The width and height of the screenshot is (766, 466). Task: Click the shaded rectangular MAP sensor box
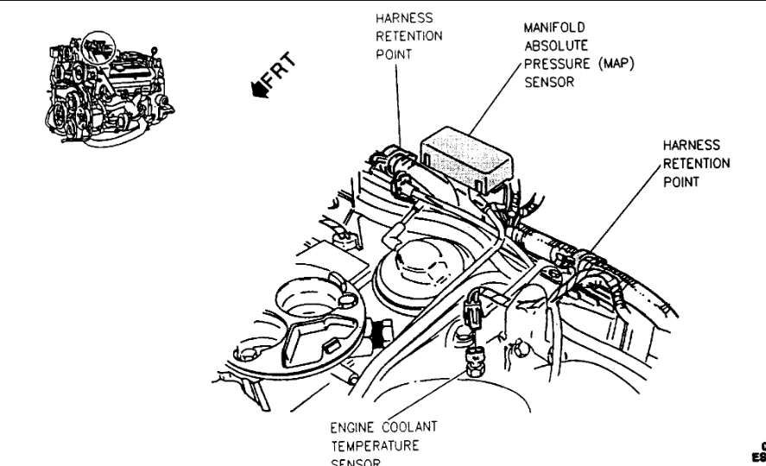click(x=465, y=154)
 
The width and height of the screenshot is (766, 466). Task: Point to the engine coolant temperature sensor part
click(x=474, y=357)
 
